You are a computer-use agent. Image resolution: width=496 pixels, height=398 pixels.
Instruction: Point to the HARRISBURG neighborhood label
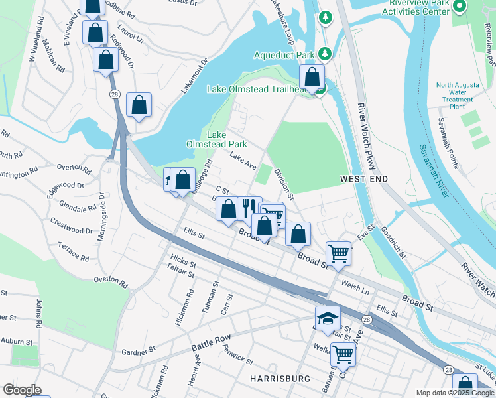(280, 378)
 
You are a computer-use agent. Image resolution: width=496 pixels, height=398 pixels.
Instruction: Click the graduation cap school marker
(328, 319)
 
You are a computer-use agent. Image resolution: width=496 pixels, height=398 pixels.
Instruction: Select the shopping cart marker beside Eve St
(339, 253)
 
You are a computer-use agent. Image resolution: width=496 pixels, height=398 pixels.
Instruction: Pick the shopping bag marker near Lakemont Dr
(139, 105)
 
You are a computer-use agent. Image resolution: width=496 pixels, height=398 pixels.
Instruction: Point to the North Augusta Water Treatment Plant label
(457, 96)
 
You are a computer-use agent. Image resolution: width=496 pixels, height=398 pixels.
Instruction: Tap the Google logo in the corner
(23, 390)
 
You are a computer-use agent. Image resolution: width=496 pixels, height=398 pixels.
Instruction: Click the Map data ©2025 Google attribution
(455, 393)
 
